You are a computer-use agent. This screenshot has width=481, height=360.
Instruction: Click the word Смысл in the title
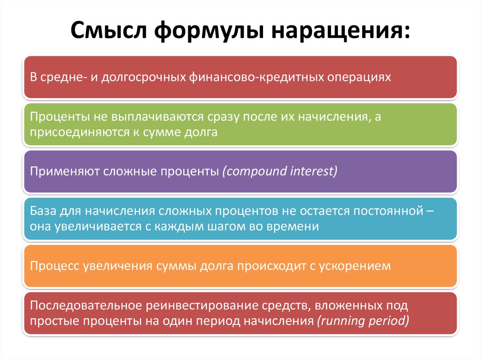[x=109, y=30]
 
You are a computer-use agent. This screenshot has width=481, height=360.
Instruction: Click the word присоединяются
[x=79, y=132]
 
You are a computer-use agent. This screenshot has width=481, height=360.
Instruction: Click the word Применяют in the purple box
[x=65, y=171]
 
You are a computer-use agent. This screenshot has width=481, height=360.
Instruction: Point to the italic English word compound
[x=255, y=171]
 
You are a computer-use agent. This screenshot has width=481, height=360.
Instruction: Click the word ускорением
[x=355, y=266]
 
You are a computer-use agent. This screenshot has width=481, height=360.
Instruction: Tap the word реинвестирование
[x=202, y=306]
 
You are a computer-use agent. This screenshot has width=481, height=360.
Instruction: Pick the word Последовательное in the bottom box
[x=86, y=306]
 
